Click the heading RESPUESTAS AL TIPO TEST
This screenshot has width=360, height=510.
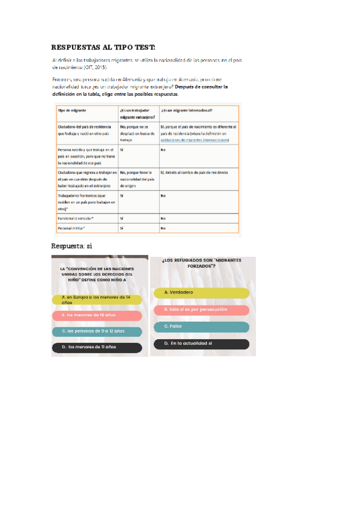tap(103, 47)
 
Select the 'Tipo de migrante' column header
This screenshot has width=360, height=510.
tap(71, 111)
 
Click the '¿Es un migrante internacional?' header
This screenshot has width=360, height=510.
tap(186, 111)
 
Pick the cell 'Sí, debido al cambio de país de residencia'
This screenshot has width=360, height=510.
tap(194, 173)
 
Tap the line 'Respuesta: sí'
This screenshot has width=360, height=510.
tap(72, 247)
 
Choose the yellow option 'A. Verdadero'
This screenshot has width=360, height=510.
tap(206, 293)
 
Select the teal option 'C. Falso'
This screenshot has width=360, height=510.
tap(206, 327)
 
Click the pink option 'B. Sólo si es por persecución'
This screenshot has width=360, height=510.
tap(206, 310)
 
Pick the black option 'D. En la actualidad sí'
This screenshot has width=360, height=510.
tap(206, 344)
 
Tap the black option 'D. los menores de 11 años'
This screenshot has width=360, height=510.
tap(97, 348)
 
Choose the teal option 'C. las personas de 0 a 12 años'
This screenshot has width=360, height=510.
tap(97, 331)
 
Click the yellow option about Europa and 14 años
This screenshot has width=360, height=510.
tap(97, 300)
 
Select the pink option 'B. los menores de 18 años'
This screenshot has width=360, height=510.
tap(97, 315)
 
